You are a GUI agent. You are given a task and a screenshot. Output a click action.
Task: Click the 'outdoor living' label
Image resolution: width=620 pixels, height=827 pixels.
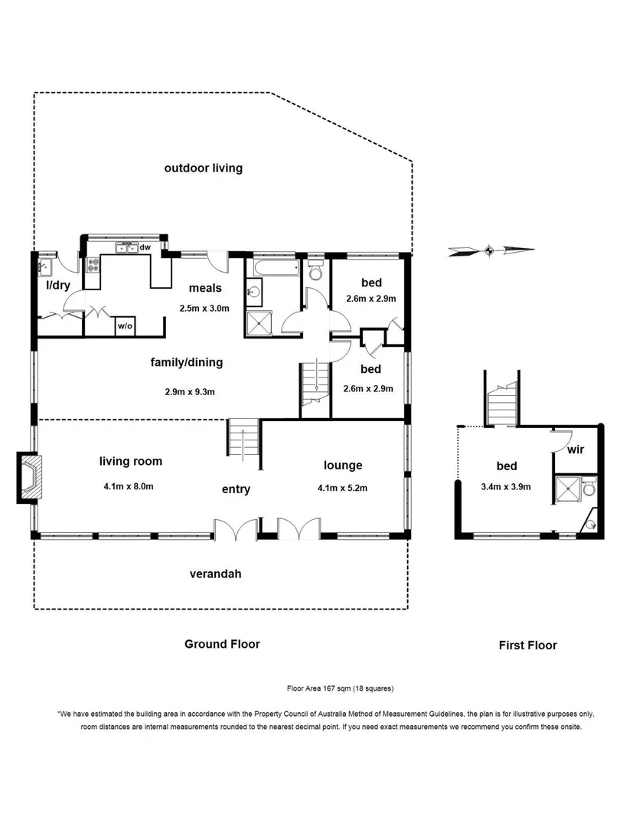click(x=203, y=168)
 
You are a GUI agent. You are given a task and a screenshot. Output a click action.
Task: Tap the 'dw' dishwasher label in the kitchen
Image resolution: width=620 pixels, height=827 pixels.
click(x=144, y=247)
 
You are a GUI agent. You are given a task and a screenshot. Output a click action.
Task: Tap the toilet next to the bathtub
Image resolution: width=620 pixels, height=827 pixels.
click(x=315, y=271)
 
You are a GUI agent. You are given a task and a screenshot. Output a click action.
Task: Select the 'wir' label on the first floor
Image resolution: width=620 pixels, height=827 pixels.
click(x=575, y=449)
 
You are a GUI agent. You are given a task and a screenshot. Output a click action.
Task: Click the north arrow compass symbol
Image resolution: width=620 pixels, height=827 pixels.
click(x=491, y=249)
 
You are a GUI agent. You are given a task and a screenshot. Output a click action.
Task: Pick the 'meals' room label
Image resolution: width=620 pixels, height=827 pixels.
click(x=205, y=288)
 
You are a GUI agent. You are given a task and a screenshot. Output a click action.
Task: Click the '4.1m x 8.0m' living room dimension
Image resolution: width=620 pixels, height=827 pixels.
click(x=130, y=485)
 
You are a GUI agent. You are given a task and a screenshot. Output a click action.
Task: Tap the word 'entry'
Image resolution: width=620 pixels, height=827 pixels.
click(x=236, y=489)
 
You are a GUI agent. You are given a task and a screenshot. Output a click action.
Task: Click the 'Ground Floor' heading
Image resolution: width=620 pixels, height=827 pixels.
click(x=222, y=644)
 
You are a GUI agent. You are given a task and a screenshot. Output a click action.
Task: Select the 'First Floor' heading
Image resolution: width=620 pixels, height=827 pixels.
click(x=527, y=645)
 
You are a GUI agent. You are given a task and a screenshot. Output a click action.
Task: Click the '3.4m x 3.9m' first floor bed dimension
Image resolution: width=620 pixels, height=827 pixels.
click(x=506, y=485)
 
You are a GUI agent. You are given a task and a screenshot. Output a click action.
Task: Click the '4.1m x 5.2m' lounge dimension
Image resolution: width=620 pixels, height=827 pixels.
click(x=342, y=486)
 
